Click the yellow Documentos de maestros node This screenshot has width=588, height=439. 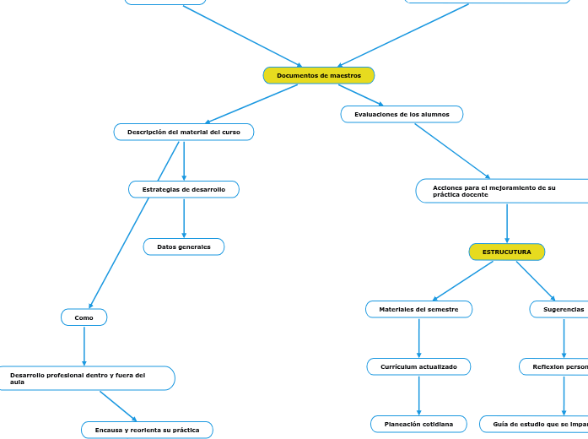pos(319,76)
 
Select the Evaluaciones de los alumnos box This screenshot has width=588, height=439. pos(402,114)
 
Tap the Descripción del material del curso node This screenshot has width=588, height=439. pos(184,133)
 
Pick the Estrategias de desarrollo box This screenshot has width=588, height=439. pos(184,190)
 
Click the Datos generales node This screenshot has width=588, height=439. pos(184,247)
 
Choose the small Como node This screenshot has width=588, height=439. pos(84,317)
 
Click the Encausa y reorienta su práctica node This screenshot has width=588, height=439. pos(147,431)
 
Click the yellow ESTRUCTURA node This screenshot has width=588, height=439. pos(507,252)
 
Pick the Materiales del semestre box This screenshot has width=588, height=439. pos(418,310)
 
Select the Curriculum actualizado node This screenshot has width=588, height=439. pos(418,367)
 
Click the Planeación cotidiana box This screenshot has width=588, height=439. pos(418,424)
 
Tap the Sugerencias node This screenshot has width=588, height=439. pos(562,310)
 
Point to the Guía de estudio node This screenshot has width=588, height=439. pos(535,424)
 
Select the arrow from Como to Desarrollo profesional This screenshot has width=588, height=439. pos(84,345)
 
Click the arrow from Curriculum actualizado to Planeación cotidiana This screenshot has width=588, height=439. pos(418,395)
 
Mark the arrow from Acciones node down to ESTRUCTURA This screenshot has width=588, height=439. pos(507,223)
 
